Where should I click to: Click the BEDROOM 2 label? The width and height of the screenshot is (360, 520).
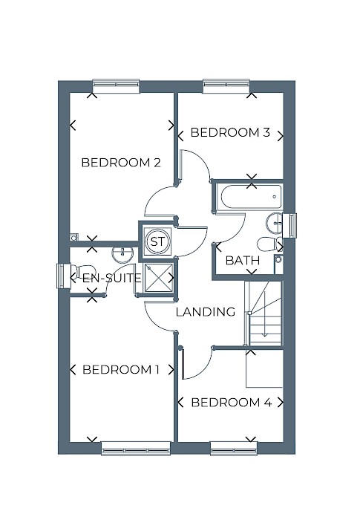121,163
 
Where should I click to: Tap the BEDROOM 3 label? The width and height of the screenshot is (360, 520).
230,132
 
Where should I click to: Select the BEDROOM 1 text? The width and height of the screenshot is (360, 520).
121,369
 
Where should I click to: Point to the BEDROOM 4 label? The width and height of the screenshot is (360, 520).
232,403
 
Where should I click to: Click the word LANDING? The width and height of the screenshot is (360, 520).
206,312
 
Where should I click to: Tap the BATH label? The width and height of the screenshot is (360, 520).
243,260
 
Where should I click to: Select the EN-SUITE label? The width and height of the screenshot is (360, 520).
112,278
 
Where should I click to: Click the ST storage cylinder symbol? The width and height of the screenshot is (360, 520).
157,241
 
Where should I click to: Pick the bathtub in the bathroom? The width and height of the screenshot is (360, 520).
249,197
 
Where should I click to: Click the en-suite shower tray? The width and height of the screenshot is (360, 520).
158,278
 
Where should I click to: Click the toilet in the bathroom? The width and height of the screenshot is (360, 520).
270,244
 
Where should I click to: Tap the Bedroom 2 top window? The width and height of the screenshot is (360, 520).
116,85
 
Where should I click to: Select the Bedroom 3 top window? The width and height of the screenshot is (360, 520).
226,85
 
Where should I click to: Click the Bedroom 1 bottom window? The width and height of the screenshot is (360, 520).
136,448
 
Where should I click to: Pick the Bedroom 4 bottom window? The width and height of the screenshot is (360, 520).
234,448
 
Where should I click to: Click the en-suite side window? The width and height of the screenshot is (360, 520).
63,276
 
